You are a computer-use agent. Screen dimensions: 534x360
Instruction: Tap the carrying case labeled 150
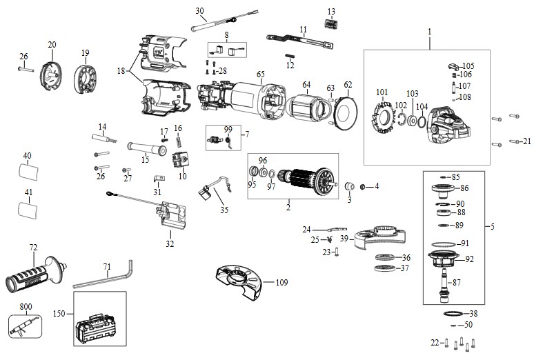click(x=99, y=329)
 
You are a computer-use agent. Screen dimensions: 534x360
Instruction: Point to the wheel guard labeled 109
click(x=239, y=283)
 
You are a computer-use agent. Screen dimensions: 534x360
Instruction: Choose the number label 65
click(x=261, y=74)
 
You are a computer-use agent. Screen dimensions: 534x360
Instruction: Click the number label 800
click(x=26, y=307)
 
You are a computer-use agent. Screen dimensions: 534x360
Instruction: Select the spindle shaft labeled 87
click(x=444, y=286)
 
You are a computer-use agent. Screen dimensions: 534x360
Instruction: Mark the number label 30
click(x=199, y=11)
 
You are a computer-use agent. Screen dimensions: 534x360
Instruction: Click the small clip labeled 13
click(x=330, y=24)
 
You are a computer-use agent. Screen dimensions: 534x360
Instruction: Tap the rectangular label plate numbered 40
click(x=28, y=171)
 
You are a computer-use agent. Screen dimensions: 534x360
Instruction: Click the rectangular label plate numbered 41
click(x=28, y=209)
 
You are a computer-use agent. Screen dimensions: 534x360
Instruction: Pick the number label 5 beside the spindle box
click(x=492, y=226)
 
